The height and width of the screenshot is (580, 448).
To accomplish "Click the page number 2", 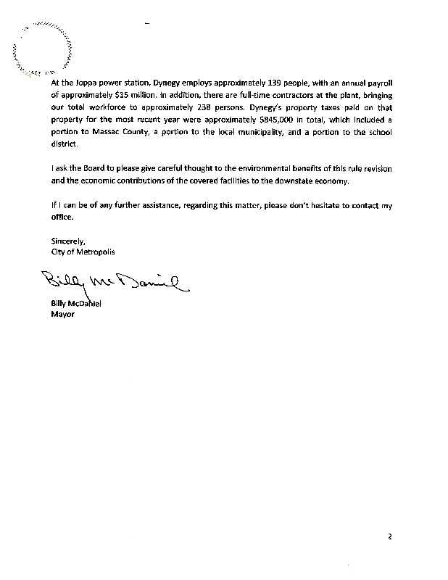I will (389, 537).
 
